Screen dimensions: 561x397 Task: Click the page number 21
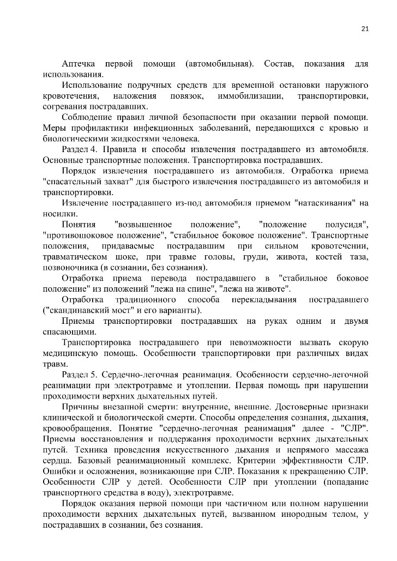[x=365, y=29]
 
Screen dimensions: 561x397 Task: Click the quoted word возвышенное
[x=143, y=225]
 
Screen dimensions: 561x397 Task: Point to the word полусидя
[x=346, y=225]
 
